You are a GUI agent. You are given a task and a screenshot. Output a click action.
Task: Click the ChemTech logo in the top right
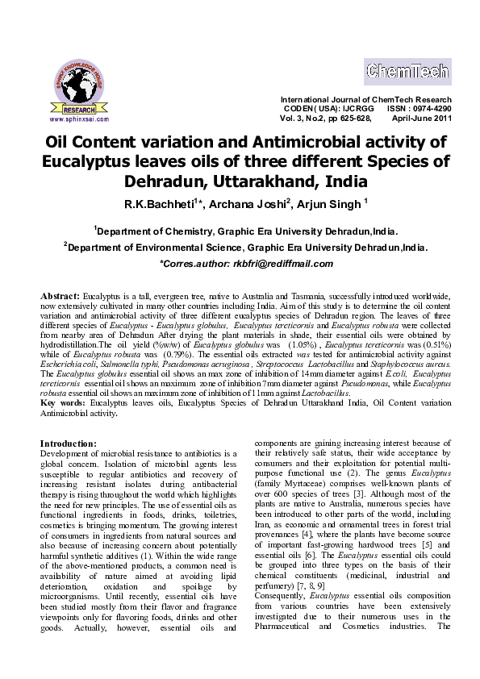407,72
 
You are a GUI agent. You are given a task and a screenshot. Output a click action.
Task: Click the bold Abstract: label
61,296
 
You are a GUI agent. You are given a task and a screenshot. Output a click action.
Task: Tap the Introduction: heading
69,443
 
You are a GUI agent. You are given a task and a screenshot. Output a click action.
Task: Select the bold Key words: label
64,401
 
